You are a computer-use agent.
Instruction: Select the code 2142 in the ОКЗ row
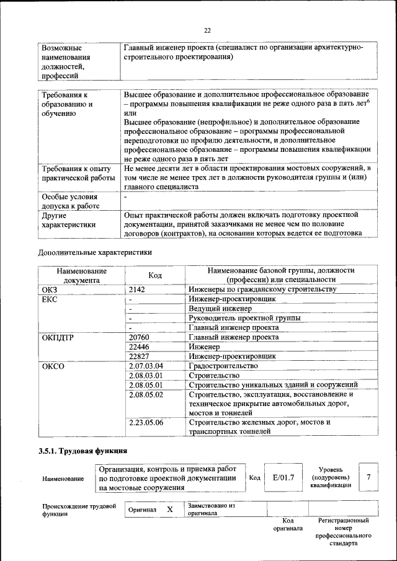138,289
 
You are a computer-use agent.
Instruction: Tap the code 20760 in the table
140,337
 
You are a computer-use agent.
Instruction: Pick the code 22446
140,347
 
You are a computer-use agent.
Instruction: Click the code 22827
140,356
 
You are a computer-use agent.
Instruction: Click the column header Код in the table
155,275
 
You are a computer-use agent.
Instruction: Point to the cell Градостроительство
223,366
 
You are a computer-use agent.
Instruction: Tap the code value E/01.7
283,477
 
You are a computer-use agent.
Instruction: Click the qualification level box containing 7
368,477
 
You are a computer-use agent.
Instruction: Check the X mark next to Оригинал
169,509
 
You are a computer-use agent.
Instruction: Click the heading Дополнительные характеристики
95,252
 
